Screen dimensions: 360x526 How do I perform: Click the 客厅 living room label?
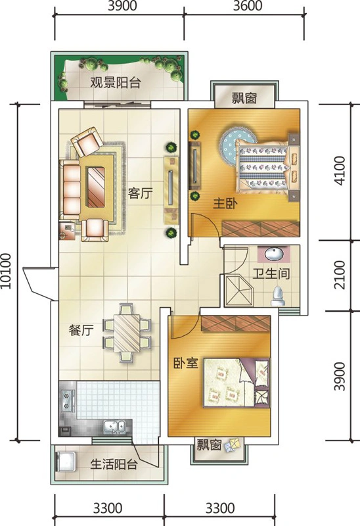(x=141, y=193)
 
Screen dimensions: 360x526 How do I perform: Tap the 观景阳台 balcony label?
(x=116, y=82)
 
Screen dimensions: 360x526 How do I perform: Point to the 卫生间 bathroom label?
(x=271, y=274)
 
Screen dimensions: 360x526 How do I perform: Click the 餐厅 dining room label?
(x=81, y=330)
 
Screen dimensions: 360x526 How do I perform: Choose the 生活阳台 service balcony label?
(x=114, y=464)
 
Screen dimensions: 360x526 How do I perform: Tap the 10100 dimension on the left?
(x=7, y=271)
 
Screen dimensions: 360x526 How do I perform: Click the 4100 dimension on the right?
(x=340, y=171)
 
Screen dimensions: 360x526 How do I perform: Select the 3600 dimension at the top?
(x=248, y=6)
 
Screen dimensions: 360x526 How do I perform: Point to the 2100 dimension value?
(x=340, y=275)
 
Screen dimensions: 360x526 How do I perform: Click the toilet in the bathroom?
(x=278, y=296)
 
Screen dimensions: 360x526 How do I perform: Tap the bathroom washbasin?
(x=274, y=254)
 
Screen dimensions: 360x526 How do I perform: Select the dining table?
(x=127, y=333)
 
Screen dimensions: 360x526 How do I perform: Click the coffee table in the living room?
(x=96, y=187)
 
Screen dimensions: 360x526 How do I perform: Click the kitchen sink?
(x=114, y=427)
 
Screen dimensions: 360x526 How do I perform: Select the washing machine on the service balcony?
(x=66, y=462)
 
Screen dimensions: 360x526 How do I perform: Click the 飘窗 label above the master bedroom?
(x=244, y=98)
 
